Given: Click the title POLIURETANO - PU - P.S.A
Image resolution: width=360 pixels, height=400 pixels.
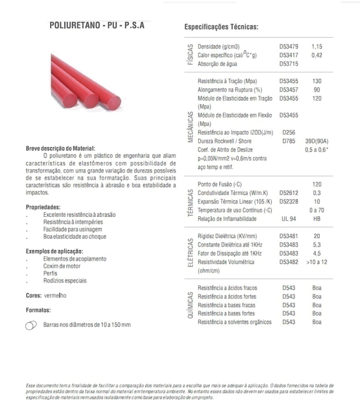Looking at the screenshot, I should pos(96,25).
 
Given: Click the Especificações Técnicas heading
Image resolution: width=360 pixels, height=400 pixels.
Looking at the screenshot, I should pos(221,27).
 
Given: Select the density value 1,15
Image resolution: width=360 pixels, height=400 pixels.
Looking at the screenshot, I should pos(317,46).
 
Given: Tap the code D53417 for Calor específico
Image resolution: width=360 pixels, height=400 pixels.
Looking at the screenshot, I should pos(289,55).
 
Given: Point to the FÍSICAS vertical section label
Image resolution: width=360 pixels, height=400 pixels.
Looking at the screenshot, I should pos(190,55).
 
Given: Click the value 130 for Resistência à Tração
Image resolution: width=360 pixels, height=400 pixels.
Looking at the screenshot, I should pos(317,81).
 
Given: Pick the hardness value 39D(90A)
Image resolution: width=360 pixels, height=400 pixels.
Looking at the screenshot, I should pos(317,141).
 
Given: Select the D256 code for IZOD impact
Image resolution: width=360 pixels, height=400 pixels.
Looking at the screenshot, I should pos(289,133).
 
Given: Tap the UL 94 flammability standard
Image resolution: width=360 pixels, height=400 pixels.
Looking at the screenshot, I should pos(289,219).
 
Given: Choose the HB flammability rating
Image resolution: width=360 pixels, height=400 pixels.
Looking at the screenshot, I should pos(317,219).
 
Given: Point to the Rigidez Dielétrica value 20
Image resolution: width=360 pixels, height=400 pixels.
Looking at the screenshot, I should pos(317,237).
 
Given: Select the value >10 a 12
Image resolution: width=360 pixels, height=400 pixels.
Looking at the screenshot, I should pos(317,262).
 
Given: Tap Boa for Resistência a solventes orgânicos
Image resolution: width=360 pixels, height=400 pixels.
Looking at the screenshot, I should pos(317,322).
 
